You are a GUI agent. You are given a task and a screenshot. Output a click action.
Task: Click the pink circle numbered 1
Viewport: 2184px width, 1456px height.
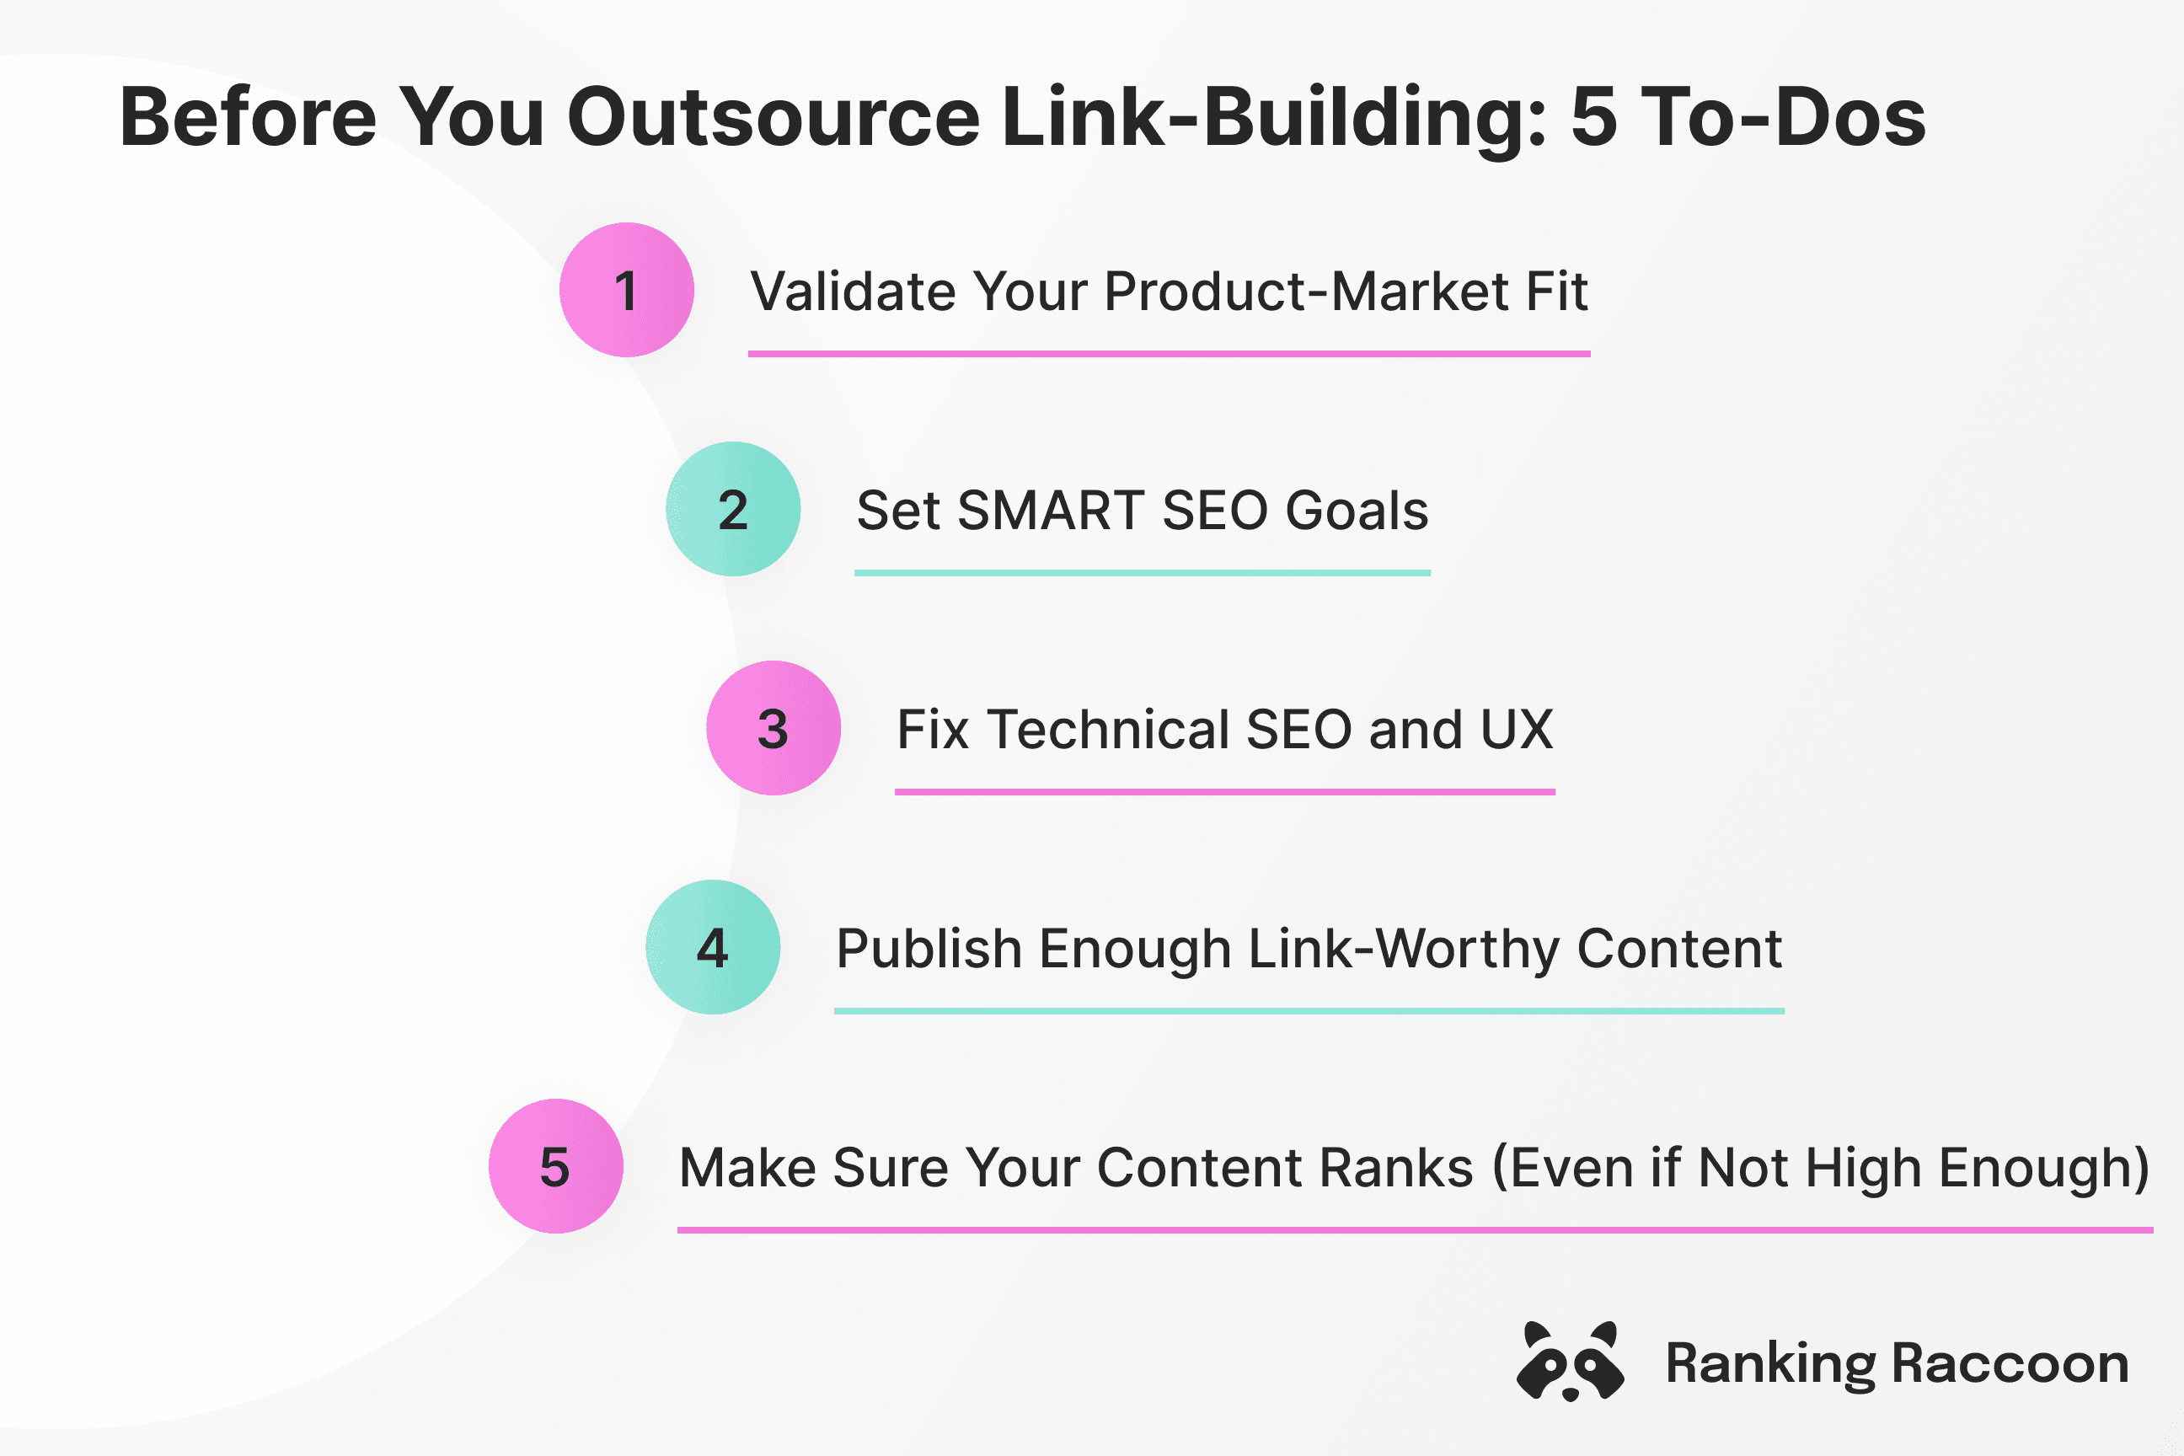[x=626, y=290]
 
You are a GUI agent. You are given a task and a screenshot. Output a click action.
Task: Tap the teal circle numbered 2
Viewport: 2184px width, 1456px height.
[x=733, y=509]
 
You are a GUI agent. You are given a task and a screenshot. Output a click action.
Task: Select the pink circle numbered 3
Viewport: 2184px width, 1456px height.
[x=773, y=728]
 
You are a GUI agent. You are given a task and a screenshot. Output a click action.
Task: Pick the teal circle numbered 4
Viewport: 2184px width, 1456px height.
[x=712, y=947]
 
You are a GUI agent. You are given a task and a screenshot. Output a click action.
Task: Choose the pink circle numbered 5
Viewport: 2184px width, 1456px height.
[x=555, y=1166]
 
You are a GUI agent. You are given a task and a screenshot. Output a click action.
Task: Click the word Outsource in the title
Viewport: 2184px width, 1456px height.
[x=773, y=118]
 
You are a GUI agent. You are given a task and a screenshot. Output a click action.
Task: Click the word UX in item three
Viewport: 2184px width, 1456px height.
[x=1517, y=730]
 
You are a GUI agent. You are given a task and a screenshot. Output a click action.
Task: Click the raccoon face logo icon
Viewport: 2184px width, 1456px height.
[x=1569, y=1362]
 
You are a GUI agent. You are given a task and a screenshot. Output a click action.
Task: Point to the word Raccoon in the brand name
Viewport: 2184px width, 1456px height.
[x=2010, y=1364]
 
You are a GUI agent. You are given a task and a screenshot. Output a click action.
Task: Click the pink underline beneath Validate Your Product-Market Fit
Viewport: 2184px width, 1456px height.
[x=1169, y=354]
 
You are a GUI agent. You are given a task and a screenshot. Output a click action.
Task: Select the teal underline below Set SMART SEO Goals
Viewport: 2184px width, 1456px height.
[x=1143, y=573]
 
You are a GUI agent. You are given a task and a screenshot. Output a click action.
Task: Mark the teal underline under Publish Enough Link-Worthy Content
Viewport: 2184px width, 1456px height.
[x=1309, y=1011]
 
